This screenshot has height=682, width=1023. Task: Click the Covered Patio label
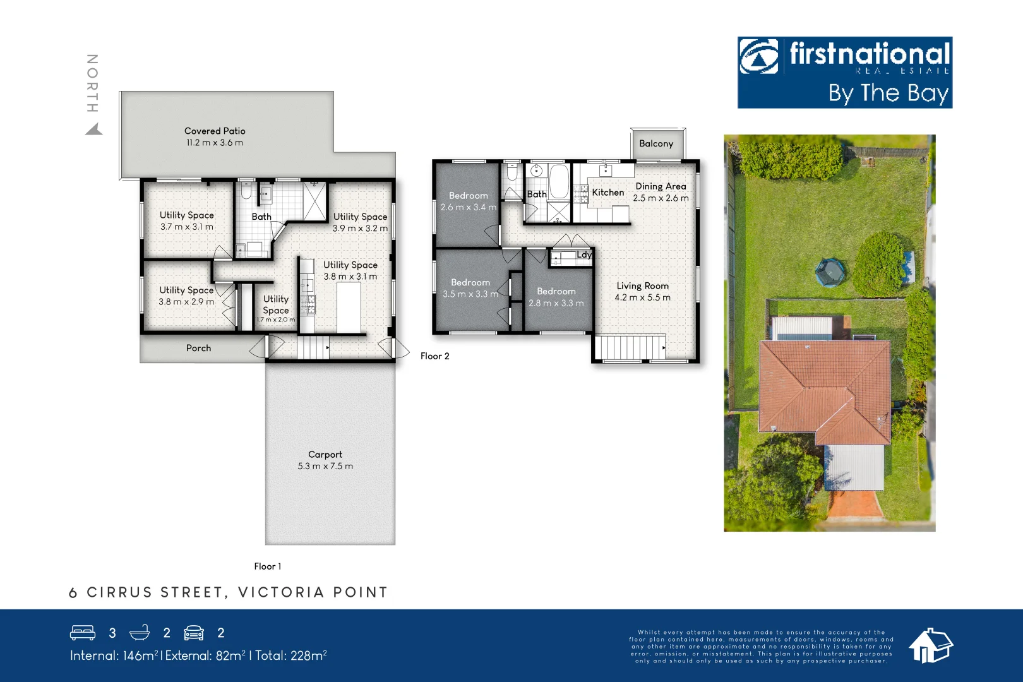(215, 131)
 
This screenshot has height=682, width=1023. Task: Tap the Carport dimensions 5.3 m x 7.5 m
(325, 467)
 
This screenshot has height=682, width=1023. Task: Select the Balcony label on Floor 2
(656, 143)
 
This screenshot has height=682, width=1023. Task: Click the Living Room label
(642, 285)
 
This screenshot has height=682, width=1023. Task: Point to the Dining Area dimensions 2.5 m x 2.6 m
(661, 198)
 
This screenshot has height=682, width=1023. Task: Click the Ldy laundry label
(584, 254)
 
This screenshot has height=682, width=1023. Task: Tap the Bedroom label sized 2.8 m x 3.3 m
(556, 291)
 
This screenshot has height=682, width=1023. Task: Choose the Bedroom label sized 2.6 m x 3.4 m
(468, 196)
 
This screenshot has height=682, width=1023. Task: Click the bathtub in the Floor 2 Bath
(559, 181)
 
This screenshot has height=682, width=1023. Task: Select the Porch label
(198, 348)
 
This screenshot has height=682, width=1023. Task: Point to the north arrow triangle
(94, 129)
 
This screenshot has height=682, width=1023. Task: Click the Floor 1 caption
(267, 566)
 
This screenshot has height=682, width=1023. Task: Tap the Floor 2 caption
(434, 356)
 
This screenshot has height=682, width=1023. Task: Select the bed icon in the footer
(83, 633)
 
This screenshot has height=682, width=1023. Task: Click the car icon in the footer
(194, 633)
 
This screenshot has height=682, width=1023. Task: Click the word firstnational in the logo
(870, 54)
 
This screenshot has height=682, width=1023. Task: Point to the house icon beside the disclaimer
(930, 645)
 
